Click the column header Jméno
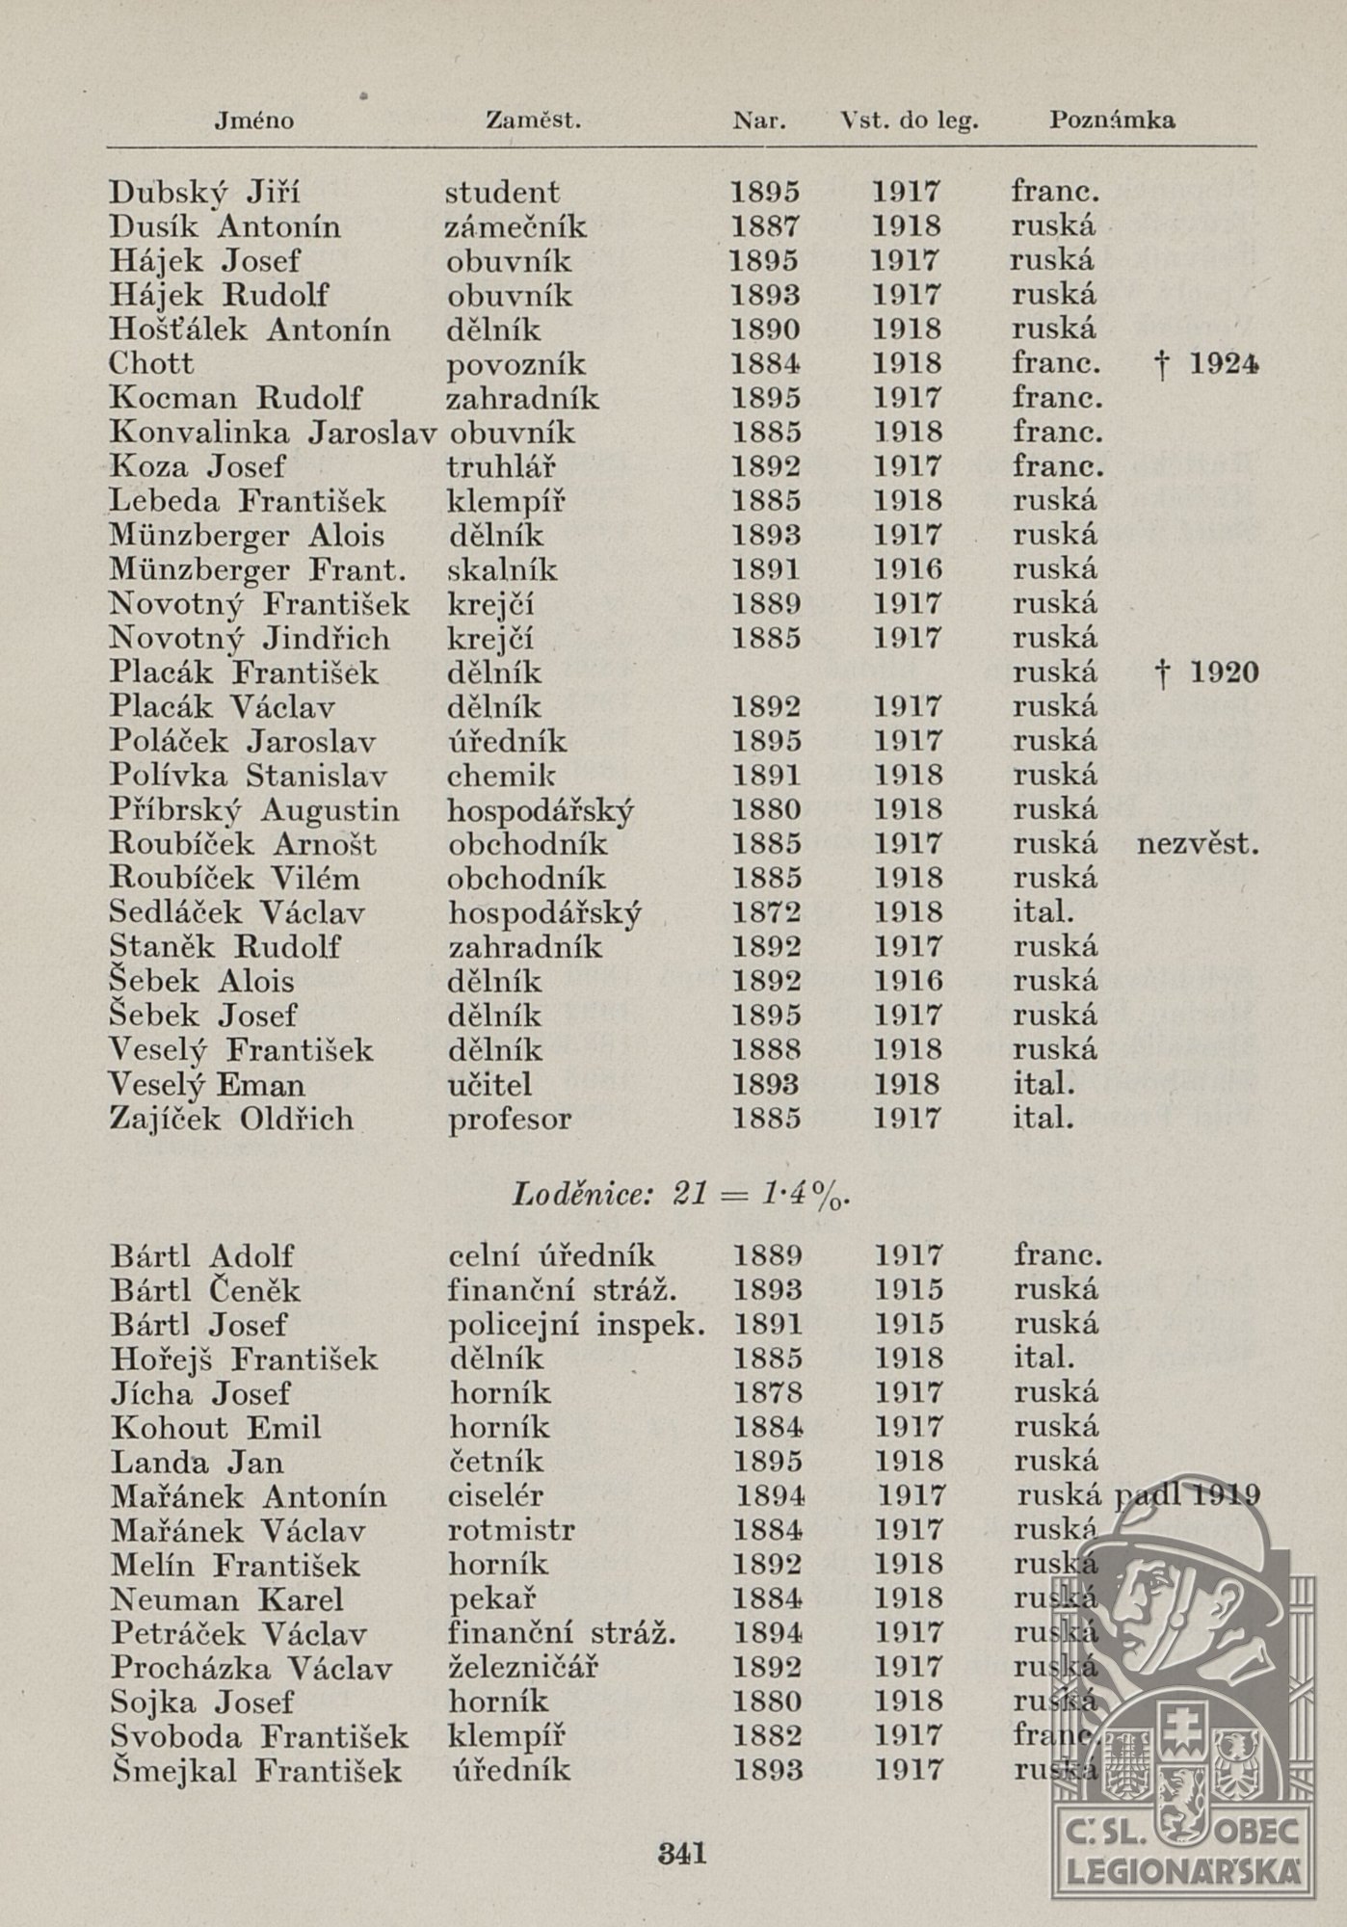point(253,120)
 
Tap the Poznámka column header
point(1111,120)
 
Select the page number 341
point(681,1852)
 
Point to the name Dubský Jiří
point(204,193)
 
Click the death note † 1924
point(1209,364)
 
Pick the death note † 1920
point(1209,673)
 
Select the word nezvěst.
point(1198,845)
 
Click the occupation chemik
point(501,776)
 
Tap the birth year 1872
point(766,912)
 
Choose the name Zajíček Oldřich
point(231,1120)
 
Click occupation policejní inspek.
point(576,1325)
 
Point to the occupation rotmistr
point(512,1530)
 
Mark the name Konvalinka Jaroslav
point(273,433)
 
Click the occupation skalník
point(502,570)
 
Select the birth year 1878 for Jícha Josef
point(767,1393)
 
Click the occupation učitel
point(489,1085)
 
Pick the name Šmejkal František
point(256,1770)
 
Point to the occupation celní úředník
point(552,1255)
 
